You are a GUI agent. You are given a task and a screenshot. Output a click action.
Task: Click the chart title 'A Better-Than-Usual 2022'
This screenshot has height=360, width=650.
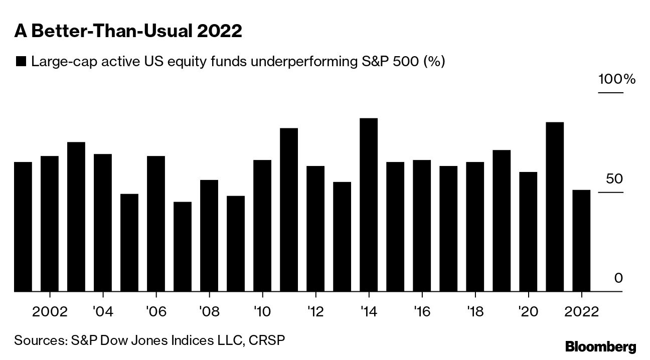[x=128, y=32]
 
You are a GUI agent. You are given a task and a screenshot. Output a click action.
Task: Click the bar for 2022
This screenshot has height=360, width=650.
[x=581, y=241]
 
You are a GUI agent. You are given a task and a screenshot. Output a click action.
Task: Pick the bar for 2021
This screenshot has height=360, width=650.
[x=555, y=207]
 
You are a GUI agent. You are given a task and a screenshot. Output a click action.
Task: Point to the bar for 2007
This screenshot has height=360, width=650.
[x=183, y=247]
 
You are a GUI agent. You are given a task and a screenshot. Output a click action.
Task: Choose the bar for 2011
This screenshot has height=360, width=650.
[x=289, y=210]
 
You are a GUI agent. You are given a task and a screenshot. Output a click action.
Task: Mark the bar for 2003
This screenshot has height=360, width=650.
[x=76, y=217]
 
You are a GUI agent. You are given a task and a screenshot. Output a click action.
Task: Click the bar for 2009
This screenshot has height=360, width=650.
[x=236, y=244]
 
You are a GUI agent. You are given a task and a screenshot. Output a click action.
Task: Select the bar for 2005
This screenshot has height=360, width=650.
[x=129, y=243]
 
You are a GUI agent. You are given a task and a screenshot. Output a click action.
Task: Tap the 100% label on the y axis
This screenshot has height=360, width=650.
[x=616, y=79]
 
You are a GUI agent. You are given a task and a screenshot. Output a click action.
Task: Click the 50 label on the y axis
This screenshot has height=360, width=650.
[x=613, y=179]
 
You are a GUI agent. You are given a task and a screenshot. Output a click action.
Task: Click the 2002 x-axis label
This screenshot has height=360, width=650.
[x=50, y=311]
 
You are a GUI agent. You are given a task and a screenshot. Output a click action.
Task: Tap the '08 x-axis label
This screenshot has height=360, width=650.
[x=209, y=311]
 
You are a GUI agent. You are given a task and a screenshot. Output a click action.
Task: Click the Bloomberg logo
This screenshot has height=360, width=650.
[x=600, y=346]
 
